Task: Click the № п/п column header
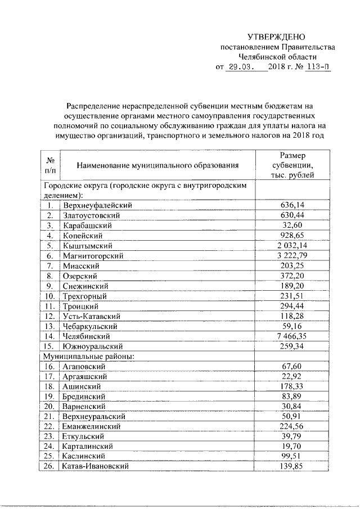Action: tap(50, 165)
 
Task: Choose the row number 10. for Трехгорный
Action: tap(49, 295)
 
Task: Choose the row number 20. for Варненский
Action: tap(49, 406)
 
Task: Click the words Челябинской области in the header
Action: tap(277, 57)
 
